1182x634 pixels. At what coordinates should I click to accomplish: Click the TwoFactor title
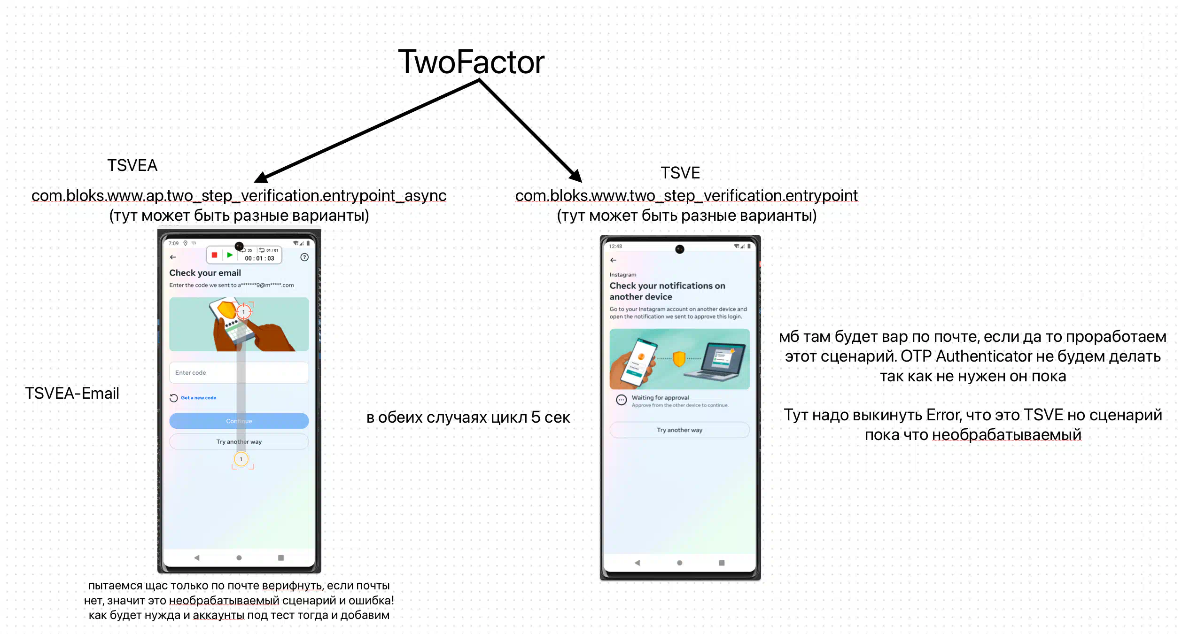point(471,62)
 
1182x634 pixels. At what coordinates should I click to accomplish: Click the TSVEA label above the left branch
point(132,165)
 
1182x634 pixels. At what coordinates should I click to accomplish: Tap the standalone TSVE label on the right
point(680,173)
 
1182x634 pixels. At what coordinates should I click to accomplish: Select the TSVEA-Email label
point(72,393)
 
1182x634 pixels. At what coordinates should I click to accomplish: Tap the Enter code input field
point(239,372)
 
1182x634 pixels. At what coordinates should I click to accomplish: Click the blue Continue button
point(239,421)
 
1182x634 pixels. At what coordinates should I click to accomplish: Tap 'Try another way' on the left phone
point(239,441)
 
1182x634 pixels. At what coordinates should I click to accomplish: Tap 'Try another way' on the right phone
point(679,430)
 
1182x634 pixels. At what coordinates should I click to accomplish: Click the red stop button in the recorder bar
point(214,255)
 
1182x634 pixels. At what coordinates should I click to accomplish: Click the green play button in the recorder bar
point(230,255)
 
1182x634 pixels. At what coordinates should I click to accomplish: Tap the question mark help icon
point(304,257)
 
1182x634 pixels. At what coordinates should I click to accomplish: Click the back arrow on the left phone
point(173,257)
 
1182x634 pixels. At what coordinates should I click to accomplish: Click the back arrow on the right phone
point(613,260)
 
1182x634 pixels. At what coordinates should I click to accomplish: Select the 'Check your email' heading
point(205,273)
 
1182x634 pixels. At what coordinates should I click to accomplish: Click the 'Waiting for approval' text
point(660,397)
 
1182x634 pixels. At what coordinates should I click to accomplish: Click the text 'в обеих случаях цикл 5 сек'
point(468,417)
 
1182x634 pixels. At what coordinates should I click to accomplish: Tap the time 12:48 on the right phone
point(615,246)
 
